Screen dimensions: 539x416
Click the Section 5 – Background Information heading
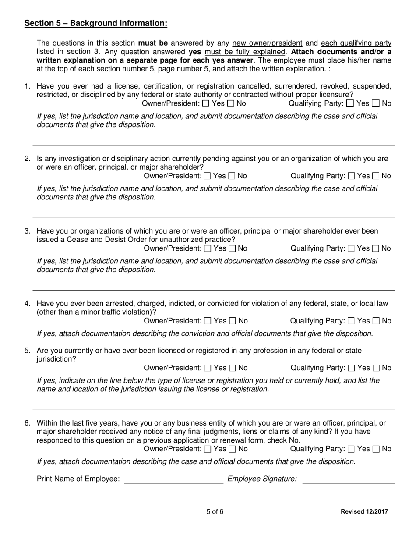(x=95, y=23)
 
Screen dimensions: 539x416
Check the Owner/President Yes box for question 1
(x=205, y=104)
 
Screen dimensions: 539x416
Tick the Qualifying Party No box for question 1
(x=376, y=104)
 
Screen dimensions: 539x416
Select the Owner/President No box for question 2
(x=232, y=176)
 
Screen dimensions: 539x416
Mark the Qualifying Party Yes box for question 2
(x=351, y=176)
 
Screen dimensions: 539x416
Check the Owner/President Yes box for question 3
(x=208, y=248)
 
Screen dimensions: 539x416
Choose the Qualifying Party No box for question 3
(x=376, y=248)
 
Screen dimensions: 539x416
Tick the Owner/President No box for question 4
(x=233, y=321)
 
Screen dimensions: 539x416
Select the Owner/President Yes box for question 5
(x=208, y=368)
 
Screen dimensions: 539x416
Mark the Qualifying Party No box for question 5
(x=376, y=368)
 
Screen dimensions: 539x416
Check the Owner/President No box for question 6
(x=233, y=449)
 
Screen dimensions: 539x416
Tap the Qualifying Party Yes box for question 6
(x=351, y=449)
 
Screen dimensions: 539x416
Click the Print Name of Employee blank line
(x=173, y=479)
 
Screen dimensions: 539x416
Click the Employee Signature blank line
(x=349, y=479)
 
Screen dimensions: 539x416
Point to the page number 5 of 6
(x=215, y=511)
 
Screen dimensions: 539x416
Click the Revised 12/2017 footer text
(x=364, y=511)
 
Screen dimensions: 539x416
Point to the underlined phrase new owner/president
(x=267, y=43)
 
